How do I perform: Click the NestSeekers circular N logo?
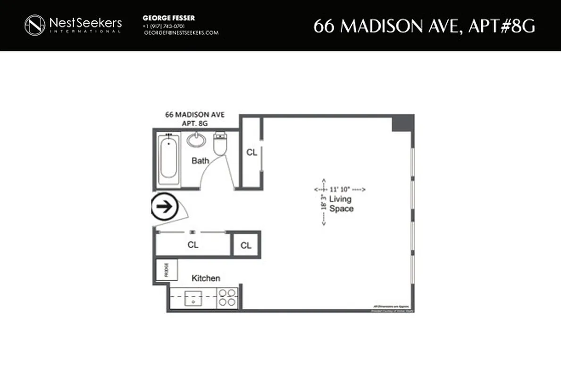[34, 25]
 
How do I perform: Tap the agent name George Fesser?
[169, 18]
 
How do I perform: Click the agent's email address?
[181, 33]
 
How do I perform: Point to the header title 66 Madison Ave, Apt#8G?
[425, 26]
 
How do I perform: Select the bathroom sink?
[196, 140]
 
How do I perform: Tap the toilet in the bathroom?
[220, 144]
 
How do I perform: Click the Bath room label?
[200, 161]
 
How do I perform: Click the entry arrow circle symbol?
[164, 207]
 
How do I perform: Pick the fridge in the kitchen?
[166, 270]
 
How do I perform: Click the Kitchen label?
[206, 278]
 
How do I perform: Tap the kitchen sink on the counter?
[193, 299]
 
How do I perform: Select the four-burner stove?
[227, 298]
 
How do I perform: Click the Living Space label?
[341, 204]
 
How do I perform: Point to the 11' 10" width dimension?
[340, 189]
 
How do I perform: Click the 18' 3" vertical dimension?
[324, 202]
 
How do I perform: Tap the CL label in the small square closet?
[246, 245]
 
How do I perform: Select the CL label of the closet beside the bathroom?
[251, 152]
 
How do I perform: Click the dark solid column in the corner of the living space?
[403, 123]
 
